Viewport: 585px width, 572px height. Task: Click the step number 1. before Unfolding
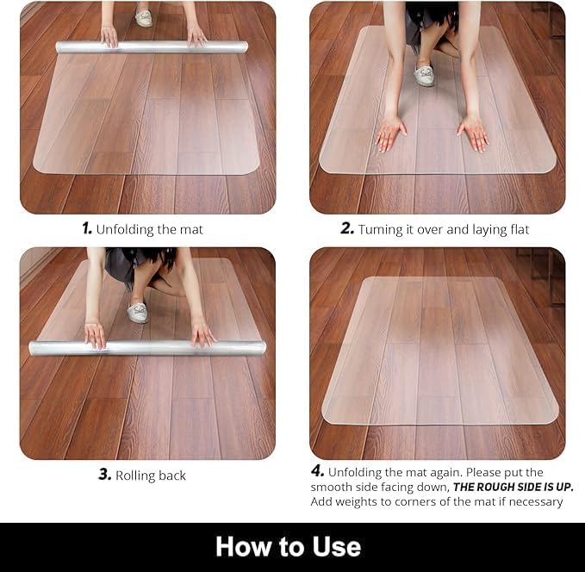click(x=86, y=229)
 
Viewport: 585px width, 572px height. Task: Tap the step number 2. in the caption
click(x=347, y=229)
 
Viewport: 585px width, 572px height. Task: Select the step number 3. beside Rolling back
click(x=104, y=475)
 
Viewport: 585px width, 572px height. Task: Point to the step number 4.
click(x=317, y=472)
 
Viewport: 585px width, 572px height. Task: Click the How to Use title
click(x=288, y=546)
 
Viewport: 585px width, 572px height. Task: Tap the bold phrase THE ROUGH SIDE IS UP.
click(x=513, y=487)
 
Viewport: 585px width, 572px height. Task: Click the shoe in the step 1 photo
click(x=144, y=18)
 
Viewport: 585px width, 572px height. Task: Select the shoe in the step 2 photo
click(x=425, y=75)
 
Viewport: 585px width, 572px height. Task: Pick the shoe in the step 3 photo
click(x=138, y=311)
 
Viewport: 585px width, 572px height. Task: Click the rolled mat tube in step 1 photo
click(x=152, y=47)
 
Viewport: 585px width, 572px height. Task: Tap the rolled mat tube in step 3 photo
click(x=146, y=348)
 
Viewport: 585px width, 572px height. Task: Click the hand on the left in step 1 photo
click(x=109, y=36)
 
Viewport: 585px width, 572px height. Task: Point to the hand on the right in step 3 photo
click(x=202, y=333)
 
